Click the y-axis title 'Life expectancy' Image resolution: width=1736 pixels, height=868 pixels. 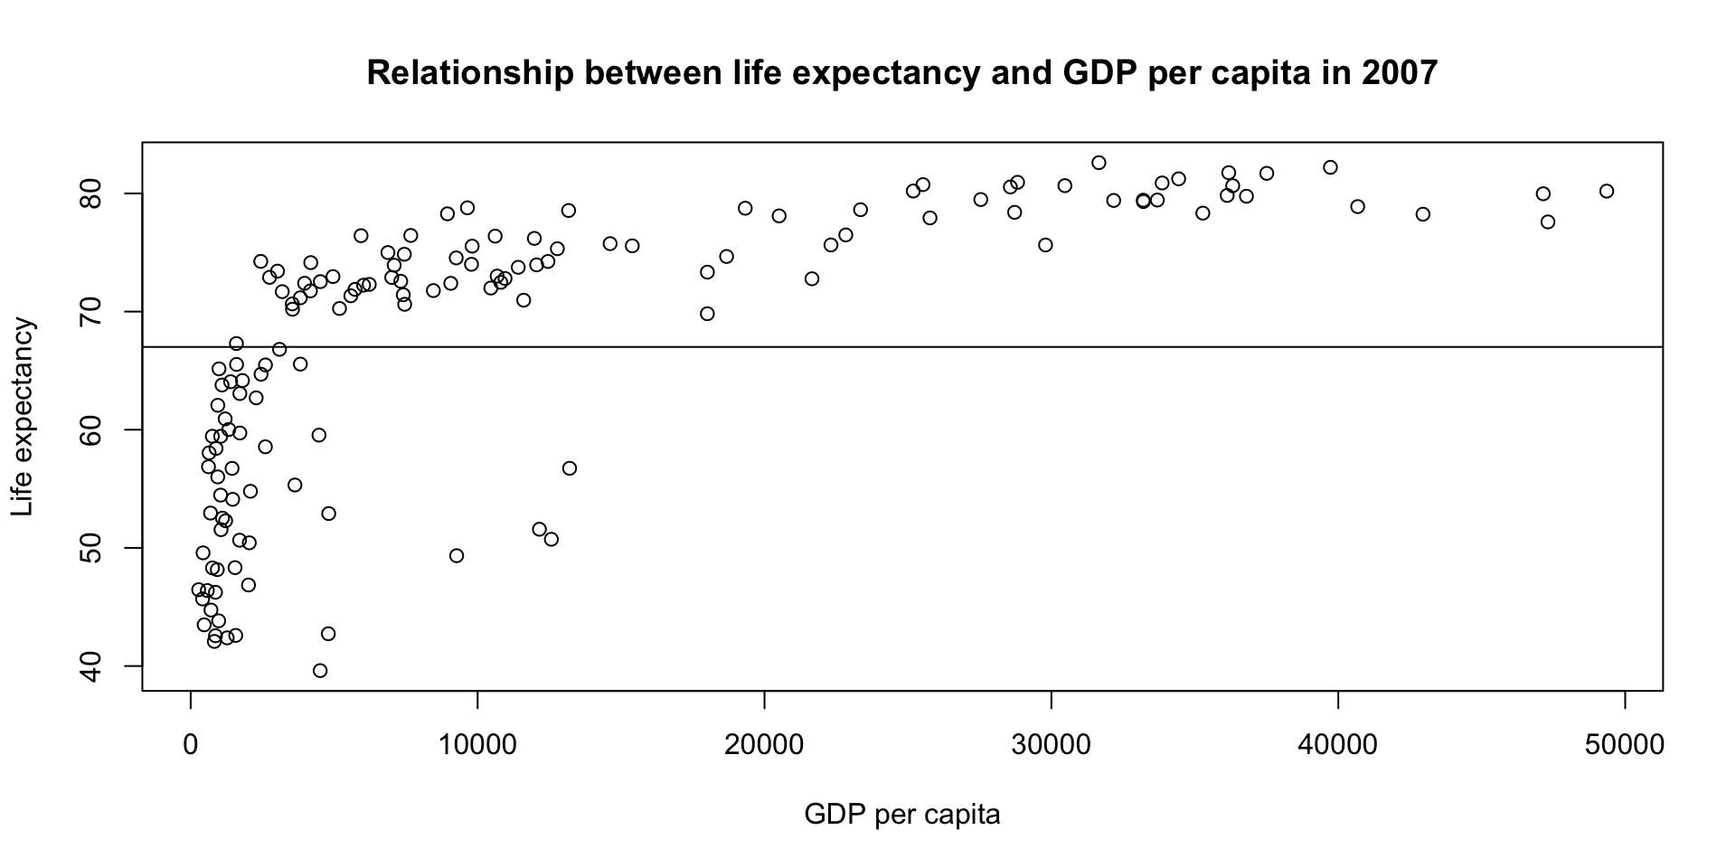pos(24,417)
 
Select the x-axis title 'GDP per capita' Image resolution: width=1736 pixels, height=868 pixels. pos(902,815)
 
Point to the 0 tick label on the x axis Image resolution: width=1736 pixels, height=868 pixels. pos(191,745)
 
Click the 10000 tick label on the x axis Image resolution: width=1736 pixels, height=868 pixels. pos(477,745)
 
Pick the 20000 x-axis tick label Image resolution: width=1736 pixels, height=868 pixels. pos(764,745)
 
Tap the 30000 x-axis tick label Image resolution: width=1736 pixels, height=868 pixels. pos(1052,745)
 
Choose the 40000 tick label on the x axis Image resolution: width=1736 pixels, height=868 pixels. pos(1338,745)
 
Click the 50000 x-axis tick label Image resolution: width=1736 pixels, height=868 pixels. pos(1625,745)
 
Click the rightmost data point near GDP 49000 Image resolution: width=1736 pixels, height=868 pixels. pos(1607,191)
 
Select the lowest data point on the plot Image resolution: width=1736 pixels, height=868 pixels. pos(320,671)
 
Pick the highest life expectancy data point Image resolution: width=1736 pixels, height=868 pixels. pos(1099,163)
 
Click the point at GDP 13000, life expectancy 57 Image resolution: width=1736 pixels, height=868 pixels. pos(570,468)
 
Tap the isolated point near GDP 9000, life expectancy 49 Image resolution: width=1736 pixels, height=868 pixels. pos(457,556)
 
